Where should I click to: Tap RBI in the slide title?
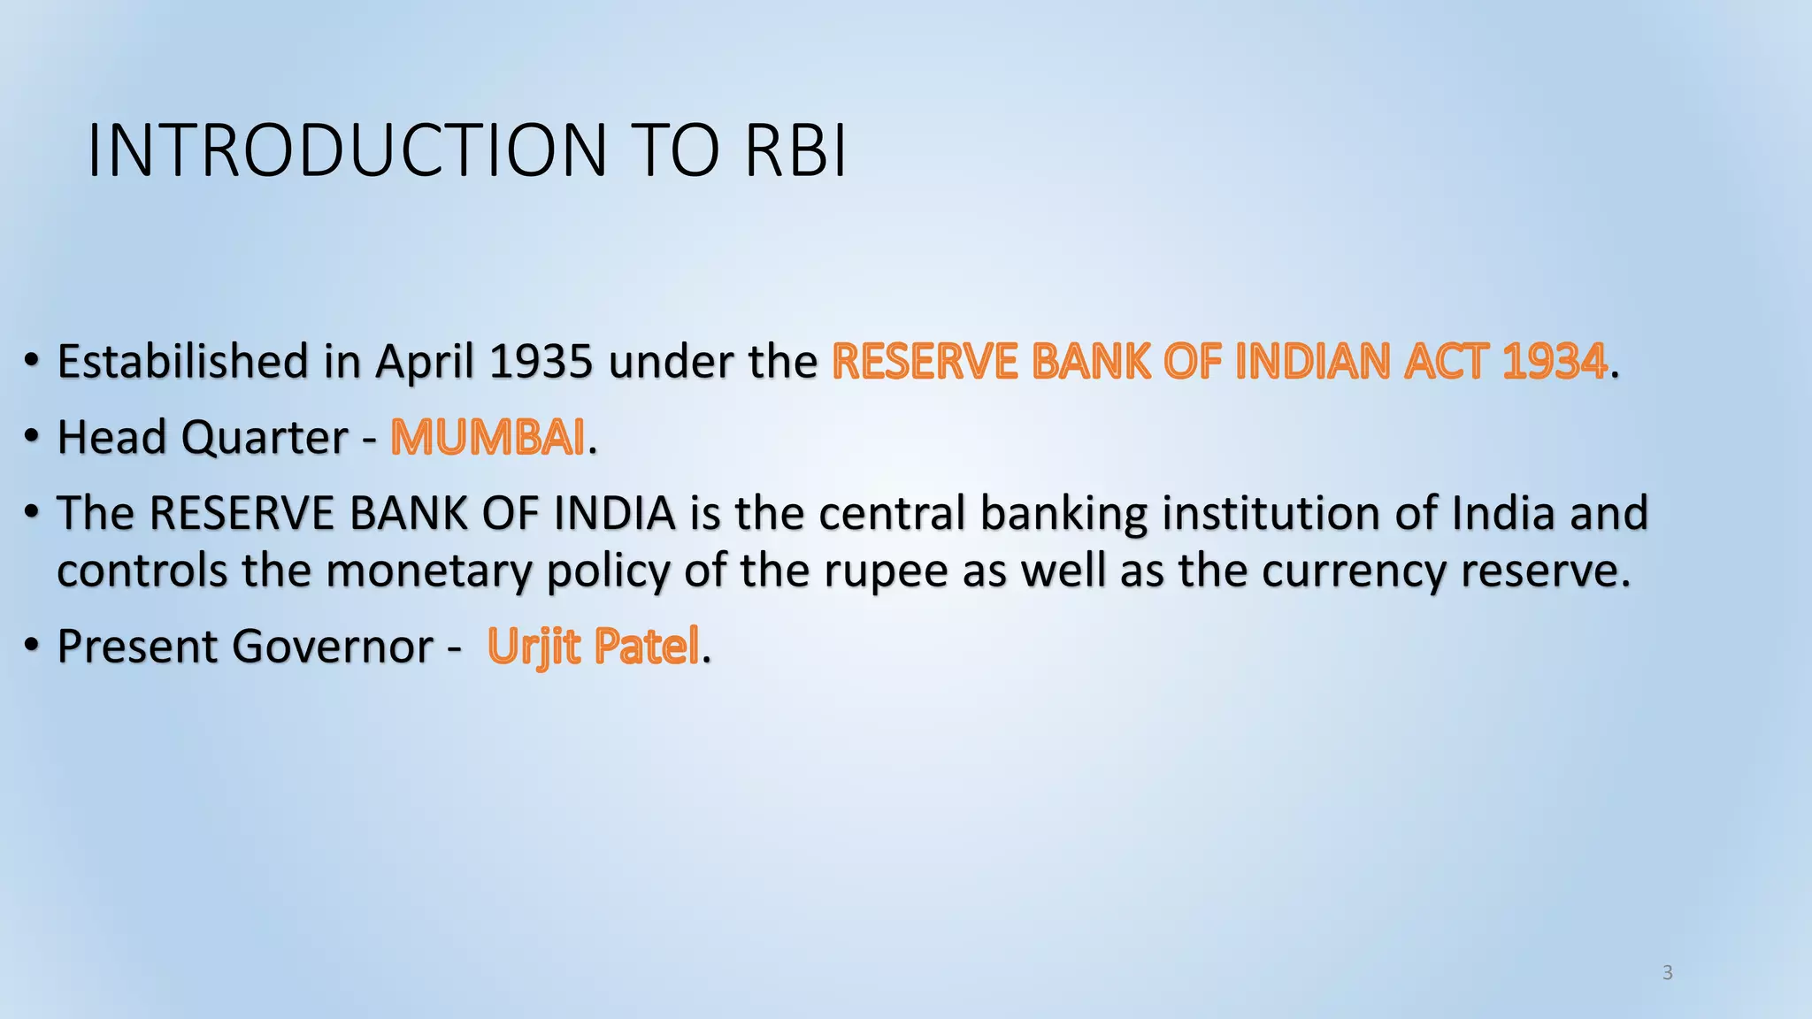(x=795, y=151)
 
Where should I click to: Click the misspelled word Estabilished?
(x=182, y=362)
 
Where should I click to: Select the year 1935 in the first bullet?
(x=540, y=362)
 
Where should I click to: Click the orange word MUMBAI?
(x=488, y=438)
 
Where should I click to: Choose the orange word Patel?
(x=647, y=647)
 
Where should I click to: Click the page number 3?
(x=1667, y=973)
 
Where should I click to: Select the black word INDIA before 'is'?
(x=614, y=514)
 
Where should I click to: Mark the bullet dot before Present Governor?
(x=32, y=647)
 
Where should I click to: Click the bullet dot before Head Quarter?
(x=32, y=438)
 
